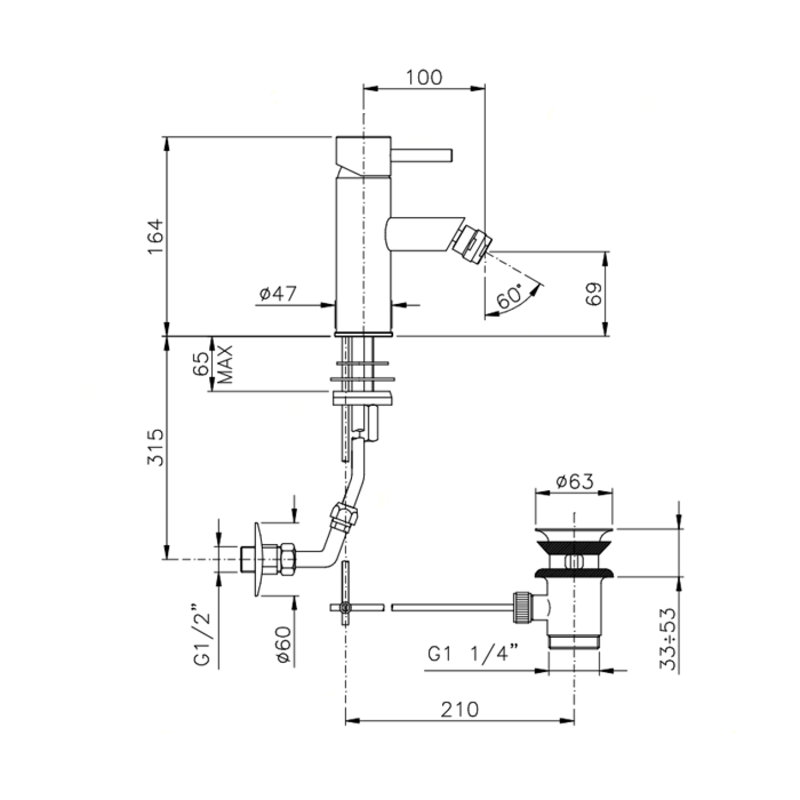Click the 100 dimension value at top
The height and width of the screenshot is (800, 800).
(423, 77)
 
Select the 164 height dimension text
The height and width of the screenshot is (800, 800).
(155, 237)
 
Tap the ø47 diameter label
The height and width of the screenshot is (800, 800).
(278, 295)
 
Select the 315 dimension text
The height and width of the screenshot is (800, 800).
(155, 447)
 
